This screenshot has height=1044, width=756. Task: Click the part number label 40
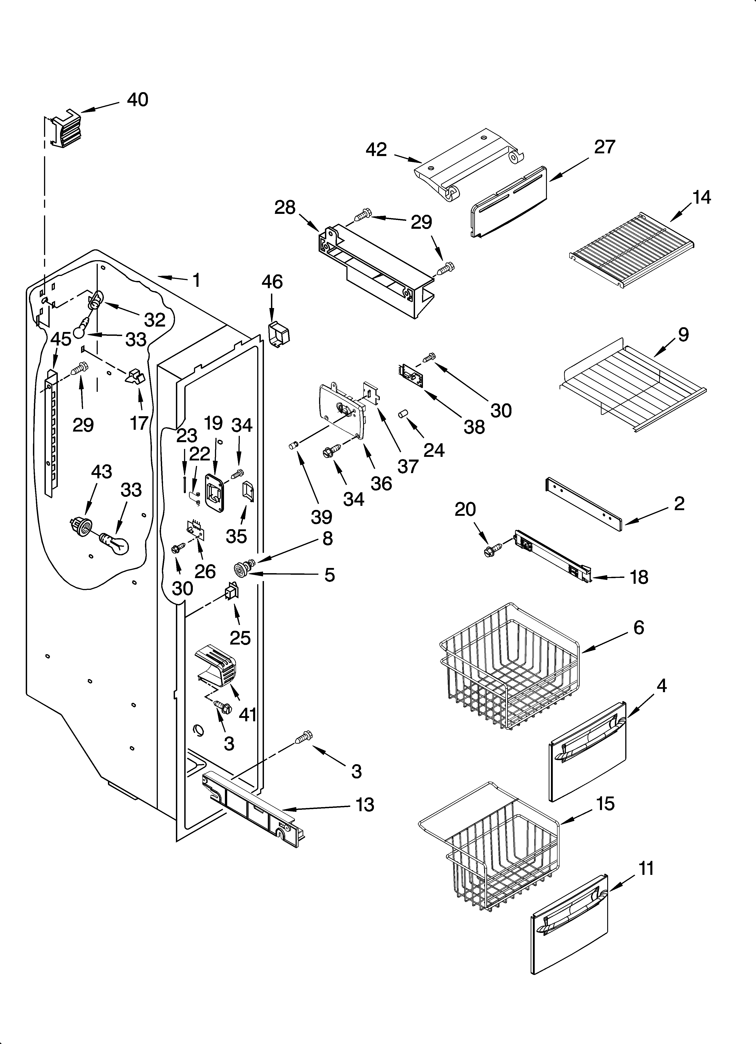coord(137,99)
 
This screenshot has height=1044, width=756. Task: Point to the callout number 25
coord(240,638)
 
